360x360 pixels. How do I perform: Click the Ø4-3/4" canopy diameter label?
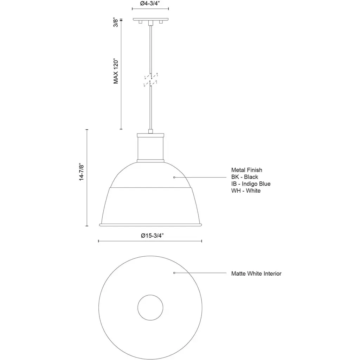point(150,4)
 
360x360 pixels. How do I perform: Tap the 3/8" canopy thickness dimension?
point(116,22)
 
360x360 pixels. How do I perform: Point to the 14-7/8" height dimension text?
point(82,172)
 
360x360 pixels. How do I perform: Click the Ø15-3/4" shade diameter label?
point(153,236)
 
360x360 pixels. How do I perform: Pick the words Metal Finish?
point(246,170)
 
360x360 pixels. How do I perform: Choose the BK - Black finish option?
point(245,177)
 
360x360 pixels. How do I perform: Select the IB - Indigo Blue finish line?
point(251,184)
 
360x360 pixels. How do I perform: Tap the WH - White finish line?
point(246,191)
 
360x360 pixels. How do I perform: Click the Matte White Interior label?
point(256,274)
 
